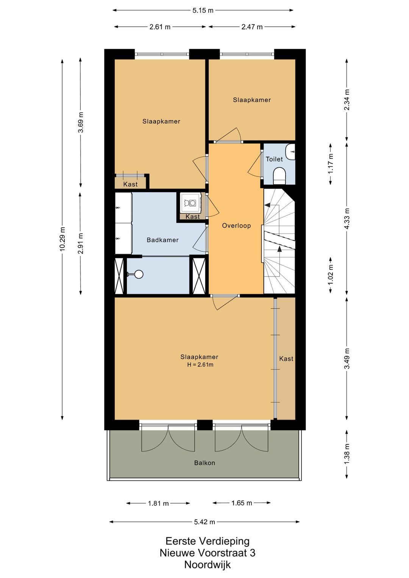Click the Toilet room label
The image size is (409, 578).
tap(274, 159)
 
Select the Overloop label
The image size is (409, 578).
tap(236, 226)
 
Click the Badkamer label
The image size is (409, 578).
tap(162, 240)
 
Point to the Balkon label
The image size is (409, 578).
tap(204, 463)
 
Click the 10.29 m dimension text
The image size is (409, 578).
tap(62, 239)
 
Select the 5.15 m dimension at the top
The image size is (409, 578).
tap(203, 11)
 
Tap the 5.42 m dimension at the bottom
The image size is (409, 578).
tap(204, 522)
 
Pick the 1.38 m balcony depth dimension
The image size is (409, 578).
tap(347, 453)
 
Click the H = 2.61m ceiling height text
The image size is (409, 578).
tap(200, 365)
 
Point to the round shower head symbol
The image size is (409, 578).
tap(139, 274)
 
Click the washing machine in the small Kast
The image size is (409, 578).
tap(190, 203)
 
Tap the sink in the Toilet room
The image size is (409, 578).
tap(290, 152)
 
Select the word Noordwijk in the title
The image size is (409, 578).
tap(207, 565)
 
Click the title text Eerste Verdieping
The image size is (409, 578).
tap(207, 541)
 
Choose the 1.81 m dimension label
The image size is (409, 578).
tap(158, 503)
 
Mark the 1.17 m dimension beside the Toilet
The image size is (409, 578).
tap(331, 163)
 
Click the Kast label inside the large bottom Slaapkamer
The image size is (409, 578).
tap(286, 359)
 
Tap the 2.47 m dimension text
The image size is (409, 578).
tap(252, 27)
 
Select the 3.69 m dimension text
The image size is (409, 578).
tap(81, 123)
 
